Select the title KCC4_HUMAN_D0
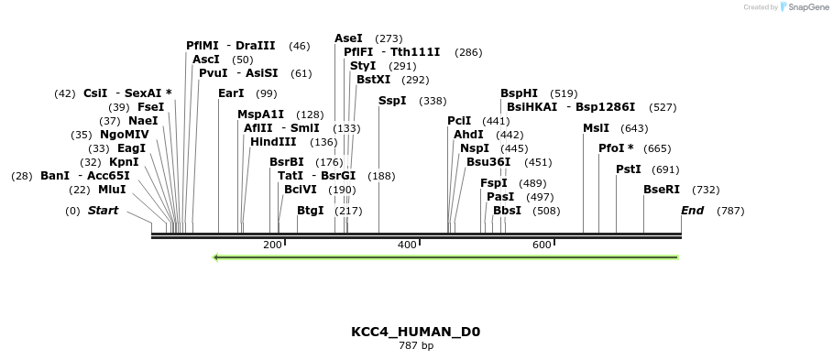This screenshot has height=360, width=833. tap(415, 332)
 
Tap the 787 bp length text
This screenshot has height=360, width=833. tap(415, 346)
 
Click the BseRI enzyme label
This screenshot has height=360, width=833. tap(661, 190)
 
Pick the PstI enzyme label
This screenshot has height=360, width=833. tap(628, 169)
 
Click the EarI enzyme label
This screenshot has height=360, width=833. tap(231, 93)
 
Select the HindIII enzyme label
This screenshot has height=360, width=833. tap(273, 142)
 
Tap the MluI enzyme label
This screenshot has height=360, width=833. tap(112, 190)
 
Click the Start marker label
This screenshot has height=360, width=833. tap(103, 211)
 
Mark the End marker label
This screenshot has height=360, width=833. tap(692, 211)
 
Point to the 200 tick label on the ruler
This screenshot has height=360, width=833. tap(272, 245)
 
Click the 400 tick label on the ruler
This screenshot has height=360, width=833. tap(406, 245)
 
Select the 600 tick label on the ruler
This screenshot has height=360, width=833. tap(541, 245)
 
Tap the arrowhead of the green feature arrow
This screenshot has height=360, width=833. tap(216, 257)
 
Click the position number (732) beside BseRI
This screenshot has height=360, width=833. tap(705, 190)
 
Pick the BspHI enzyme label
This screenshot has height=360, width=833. tap(519, 93)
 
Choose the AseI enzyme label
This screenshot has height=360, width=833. tap(348, 38)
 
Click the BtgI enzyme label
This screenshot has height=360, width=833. tap(310, 211)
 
